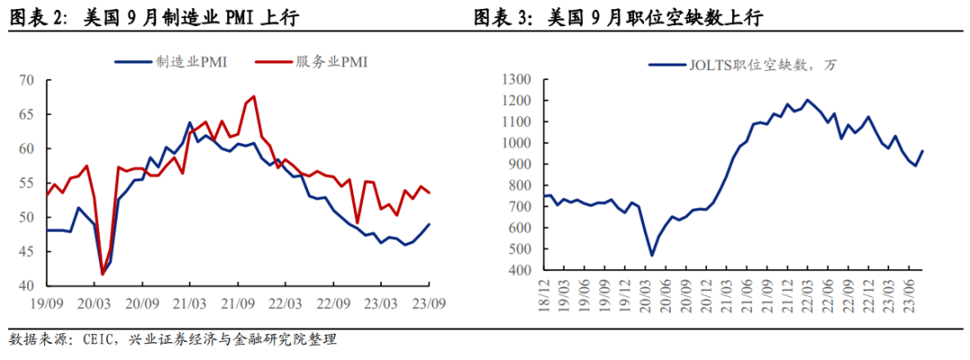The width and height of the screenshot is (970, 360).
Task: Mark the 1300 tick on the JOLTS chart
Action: (518, 80)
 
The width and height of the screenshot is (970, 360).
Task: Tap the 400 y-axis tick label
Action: (522, 270)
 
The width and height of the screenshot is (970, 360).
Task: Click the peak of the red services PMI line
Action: (254, 96)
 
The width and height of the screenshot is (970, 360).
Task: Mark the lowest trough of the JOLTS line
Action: (652, 256)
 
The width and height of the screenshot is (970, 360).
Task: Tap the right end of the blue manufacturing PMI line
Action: (428, 224)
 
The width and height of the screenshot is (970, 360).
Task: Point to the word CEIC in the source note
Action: (96, 340)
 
